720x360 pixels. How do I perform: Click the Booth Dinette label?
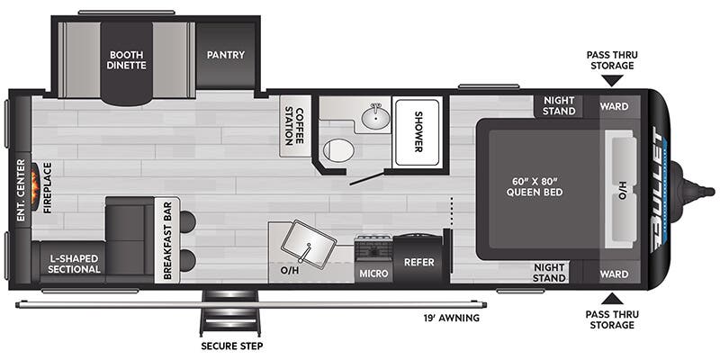pyautogui.click(x=127, y=60)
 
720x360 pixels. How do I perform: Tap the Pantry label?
pyautogui.click(x=226, y=55)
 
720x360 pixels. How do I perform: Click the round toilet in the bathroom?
pyautogui.click(x=337, y=150)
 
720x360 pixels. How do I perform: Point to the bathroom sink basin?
pyautogui.click(x=374, y=118)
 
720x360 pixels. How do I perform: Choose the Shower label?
pyautogui.click(x=418, y=132)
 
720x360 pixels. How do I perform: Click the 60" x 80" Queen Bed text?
pyautogui.click(x=535, y=185)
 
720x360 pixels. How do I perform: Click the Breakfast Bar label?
pyautogui.click(x=166, y=240)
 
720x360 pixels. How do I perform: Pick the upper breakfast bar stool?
pyautogui.click(x=187, y=220)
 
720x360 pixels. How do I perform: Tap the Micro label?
pyautogui.click(x=373, y=271)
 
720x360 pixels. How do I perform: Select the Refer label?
pyautogui.click(x=419, y=264)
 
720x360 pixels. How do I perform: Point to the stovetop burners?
pyautogui.click(x=373, y=245)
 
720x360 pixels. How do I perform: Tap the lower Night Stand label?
pyautogui.click(x=549, y=272)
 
